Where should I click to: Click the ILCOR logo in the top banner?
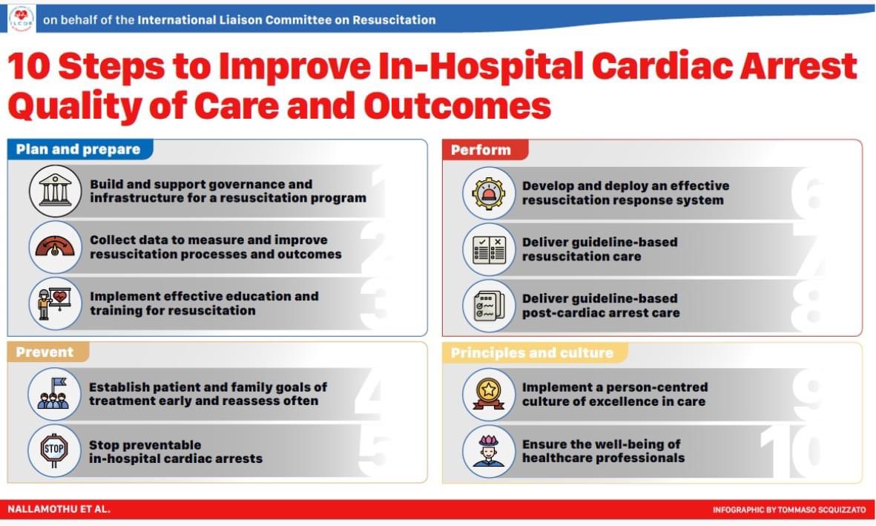[21, 19]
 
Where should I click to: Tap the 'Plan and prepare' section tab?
[78, 149]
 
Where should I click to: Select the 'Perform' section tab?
[481, 150]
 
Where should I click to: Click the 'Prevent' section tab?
[45, 352]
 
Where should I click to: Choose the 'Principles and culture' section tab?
[532, 352]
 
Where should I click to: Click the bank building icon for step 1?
[56, 191]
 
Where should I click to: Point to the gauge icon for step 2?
[56, 247]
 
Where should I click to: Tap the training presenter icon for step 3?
[56, 303]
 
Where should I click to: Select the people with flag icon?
[54, 394]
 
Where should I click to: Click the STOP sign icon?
[54, 450]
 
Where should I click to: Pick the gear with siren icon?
[488, 192]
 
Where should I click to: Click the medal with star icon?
[488, 394]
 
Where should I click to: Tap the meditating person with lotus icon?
[488, 450]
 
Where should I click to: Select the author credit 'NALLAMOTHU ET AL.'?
[59, 510]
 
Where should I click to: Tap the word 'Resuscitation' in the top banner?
[392, 20]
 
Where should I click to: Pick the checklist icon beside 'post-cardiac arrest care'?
[488, 305]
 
